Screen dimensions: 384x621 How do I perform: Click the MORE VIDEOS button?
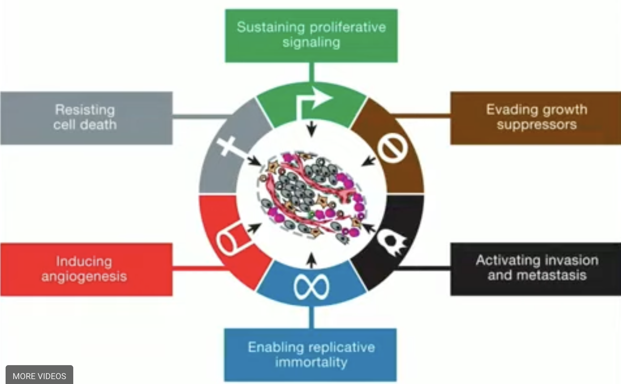pos(39,376)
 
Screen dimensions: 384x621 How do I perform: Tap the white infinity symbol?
pos(311,287)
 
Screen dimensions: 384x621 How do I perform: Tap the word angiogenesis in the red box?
pos(84,276)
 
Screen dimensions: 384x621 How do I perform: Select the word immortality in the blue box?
pos(311,362)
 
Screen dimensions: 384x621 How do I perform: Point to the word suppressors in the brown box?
pos(537,125)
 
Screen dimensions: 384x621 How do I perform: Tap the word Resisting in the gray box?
pos(85,110)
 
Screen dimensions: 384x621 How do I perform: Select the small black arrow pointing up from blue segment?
pos(312,260)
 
